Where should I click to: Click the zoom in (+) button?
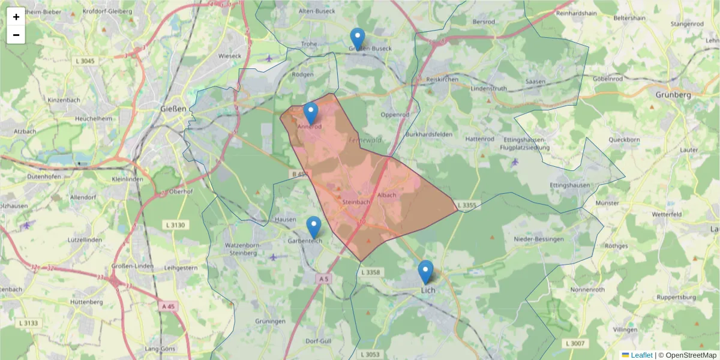tap(16, 17)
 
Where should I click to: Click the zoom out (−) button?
tap(16, 35)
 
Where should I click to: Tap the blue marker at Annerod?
tap(311, 113)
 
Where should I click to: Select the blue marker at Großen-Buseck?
tap(358, 38)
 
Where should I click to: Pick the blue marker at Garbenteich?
tap(314, 227)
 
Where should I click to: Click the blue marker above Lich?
tap(425, 271)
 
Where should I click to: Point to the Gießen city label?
tap(174, 109)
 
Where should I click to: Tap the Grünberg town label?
tap(673, 95)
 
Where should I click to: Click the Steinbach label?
tap(355, 203)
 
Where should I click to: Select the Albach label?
tap(387, 196)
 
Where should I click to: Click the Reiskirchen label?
tap(442, 79)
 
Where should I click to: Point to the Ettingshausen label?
tap(569, 185)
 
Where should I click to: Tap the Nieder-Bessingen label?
tap(539, 239)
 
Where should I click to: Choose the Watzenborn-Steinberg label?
tap(241, 249)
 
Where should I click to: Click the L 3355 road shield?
tap(467, 206)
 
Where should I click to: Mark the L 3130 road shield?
tap(175, 224)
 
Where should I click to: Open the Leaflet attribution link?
tap(641, 355)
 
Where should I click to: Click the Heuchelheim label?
tap(93, 119)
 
